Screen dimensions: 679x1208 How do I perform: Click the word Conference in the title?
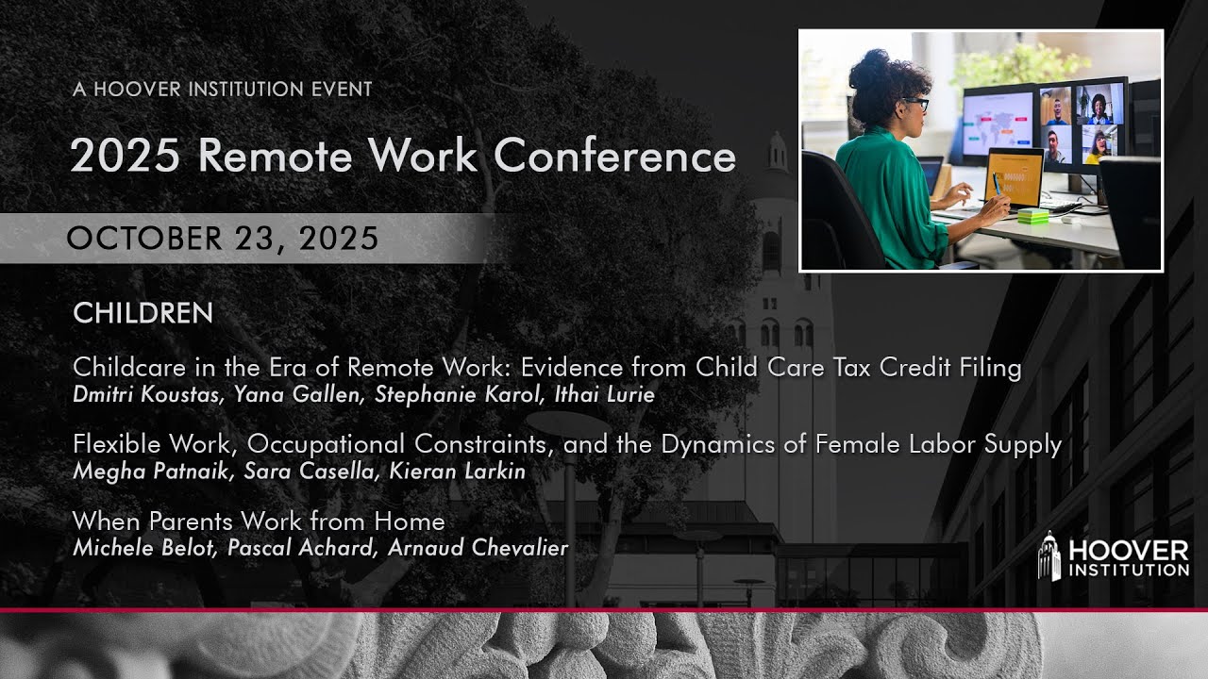coord(614,156)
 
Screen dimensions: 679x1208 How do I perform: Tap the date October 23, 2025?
coord(223,239)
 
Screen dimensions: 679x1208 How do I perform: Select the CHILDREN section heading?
coord(143,313)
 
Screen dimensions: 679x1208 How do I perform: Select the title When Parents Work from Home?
coord(259,521)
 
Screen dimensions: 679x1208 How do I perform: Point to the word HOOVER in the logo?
coord(1129,550)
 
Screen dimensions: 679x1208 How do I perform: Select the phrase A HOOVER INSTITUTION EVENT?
coord(222,90)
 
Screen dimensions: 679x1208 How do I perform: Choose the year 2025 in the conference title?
coord(126,156)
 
